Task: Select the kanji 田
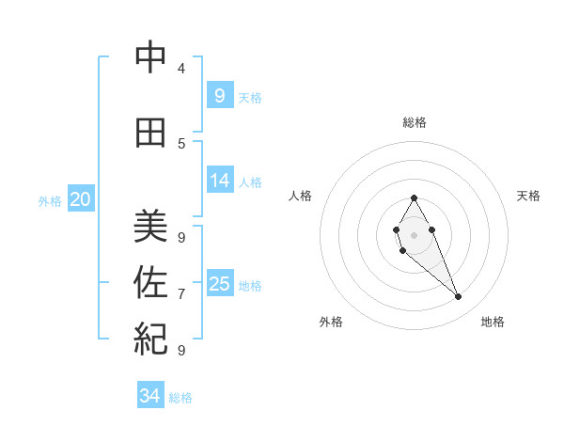[150, 133]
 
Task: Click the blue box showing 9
[219, 95]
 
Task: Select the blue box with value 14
[219, 181]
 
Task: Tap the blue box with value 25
[219, 284]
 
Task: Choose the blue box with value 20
[81, 198]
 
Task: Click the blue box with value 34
[150, 396]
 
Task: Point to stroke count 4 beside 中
[181, 69]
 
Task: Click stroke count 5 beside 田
[181, 144]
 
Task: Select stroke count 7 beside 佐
[181, 294]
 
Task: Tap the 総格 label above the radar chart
[414, 122]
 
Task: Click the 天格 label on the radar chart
[528, 196]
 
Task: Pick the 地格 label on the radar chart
[493, 322]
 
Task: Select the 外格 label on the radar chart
[331, 322]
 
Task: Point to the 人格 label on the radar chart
[300, 196]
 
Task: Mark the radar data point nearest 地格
[458, 297]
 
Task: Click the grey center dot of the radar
[414, 235]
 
